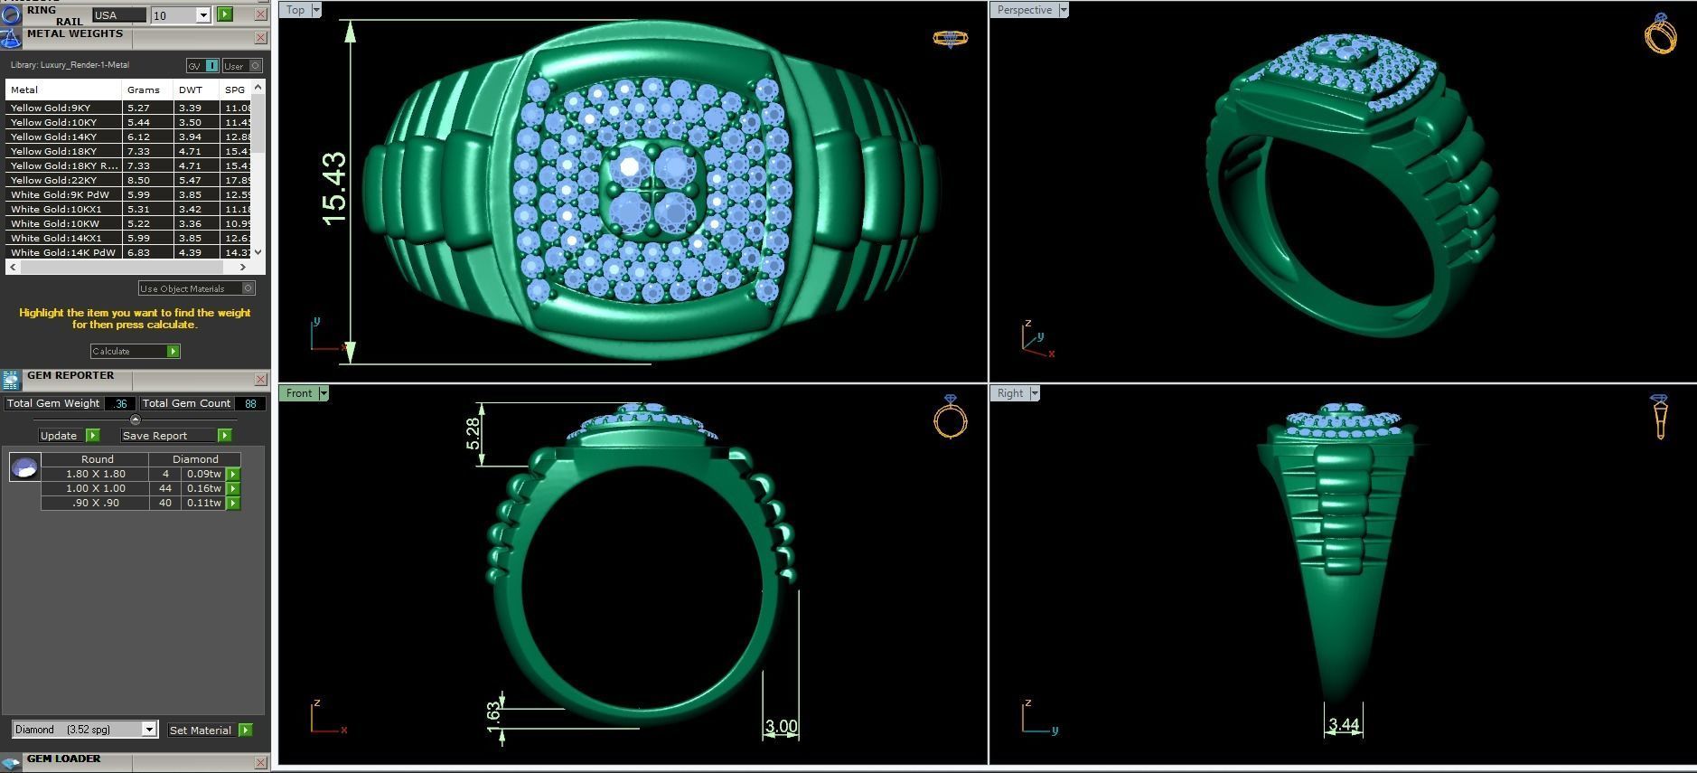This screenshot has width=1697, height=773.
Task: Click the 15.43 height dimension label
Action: pos(333,189)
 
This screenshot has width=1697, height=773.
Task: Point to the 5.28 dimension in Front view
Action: pos(473,434)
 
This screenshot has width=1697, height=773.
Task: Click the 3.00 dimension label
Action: pos(781,726)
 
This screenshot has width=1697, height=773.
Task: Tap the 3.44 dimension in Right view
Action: pos(1344,724)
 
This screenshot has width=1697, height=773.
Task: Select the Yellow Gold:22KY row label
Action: pos(54,181)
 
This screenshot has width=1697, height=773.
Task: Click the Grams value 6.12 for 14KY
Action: pos(138,137)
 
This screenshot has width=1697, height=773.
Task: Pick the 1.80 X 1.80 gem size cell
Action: pos(95,474)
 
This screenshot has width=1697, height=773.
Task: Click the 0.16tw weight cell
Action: pos(203,488)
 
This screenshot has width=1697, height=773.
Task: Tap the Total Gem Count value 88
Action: pos(250,404)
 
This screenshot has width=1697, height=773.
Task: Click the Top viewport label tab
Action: pos(295,10)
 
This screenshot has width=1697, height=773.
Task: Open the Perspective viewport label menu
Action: pos(1063,10)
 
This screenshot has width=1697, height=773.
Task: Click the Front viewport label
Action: pos(298,393)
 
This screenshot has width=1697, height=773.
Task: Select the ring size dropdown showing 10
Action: pos(181,15)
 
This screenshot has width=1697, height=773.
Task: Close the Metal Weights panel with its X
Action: pos(260,38)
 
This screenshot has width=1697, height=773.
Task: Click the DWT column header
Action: pos(191,90)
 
